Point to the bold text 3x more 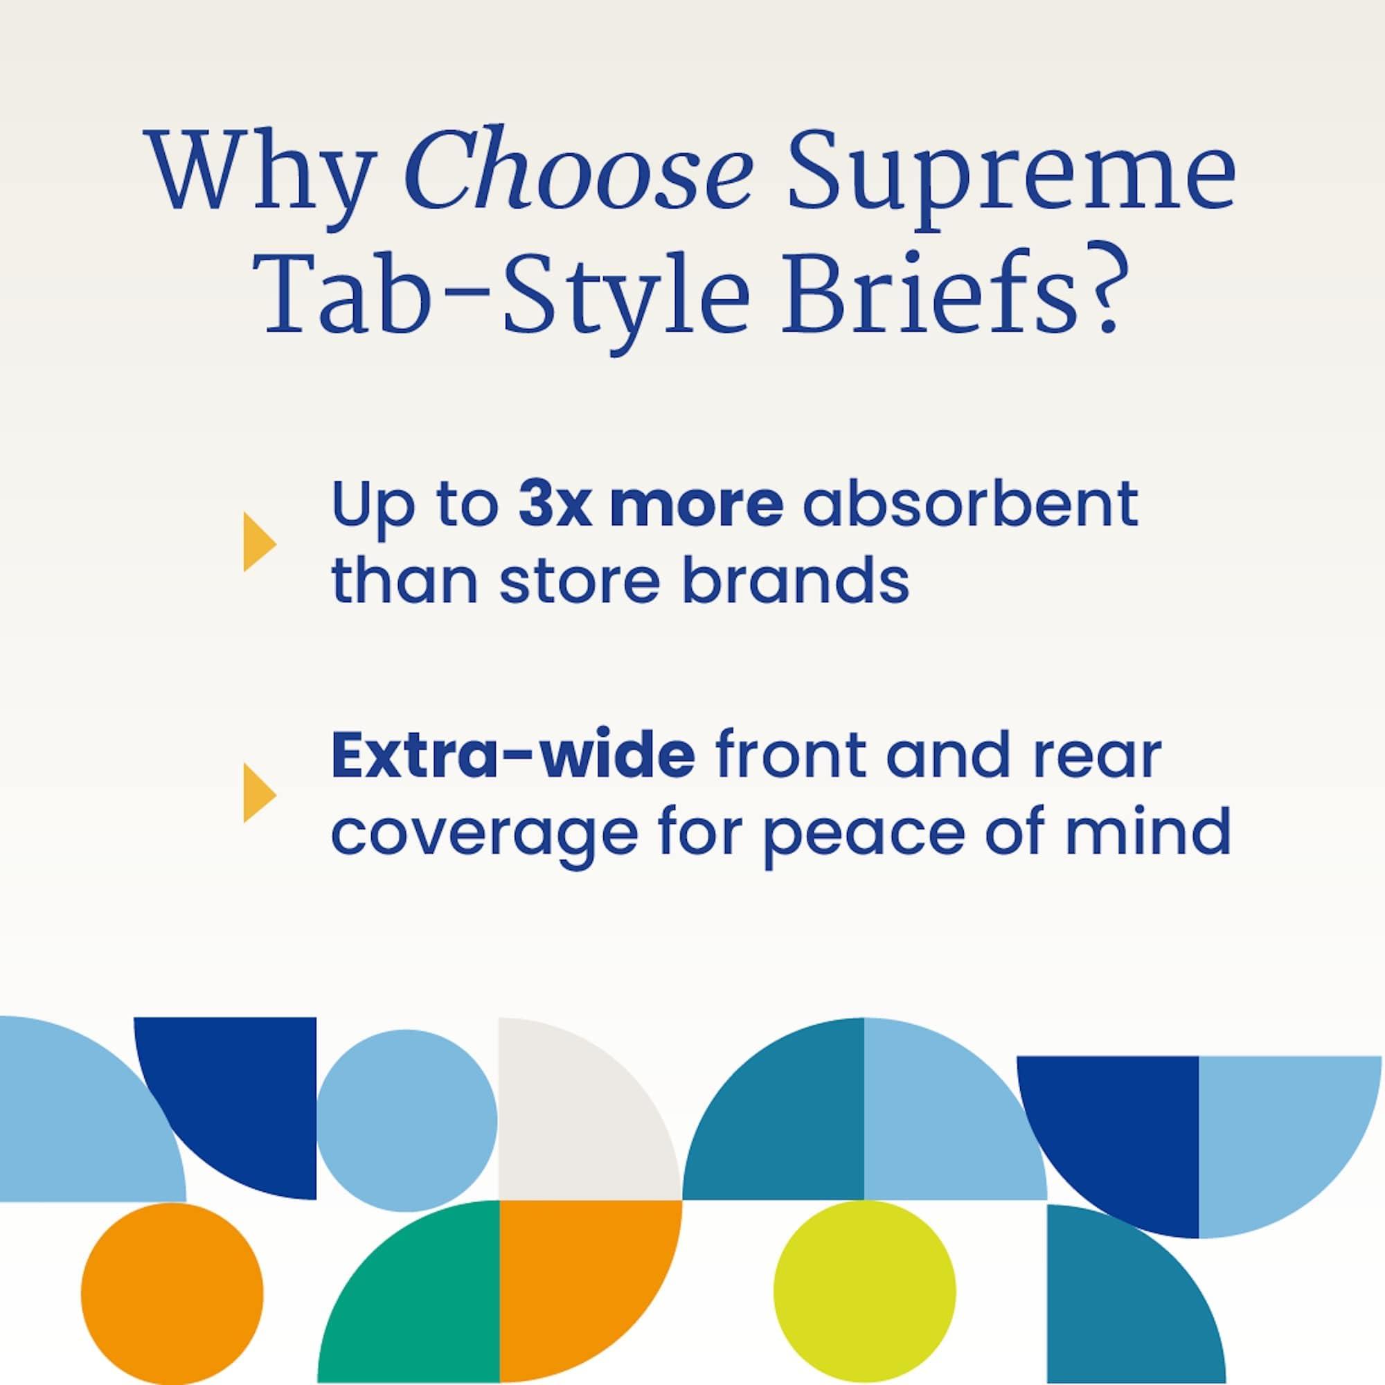pyautogui.click(x=650, y=506)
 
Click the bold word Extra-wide pyautogui.click(x=512, y=757)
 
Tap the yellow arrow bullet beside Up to pyautogui.click(x=259, y=543)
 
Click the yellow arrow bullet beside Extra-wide pyautogui.click(x=259, y=794)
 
